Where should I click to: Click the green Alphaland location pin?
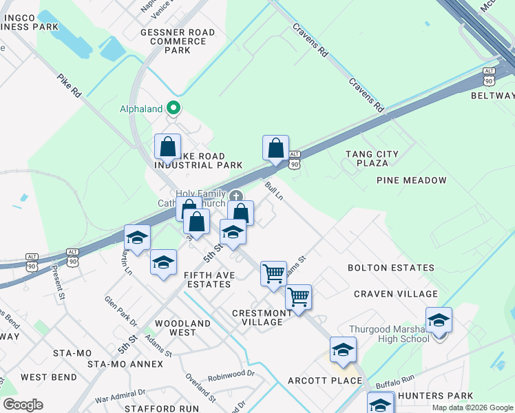(x=174, y=108)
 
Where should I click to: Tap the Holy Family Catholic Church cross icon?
(x=236, y=196)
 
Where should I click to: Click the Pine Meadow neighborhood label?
(x=412, y=180)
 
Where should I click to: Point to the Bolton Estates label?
(x=390, y=268)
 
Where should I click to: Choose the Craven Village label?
(x=396, y=294)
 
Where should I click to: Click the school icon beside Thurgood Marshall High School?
(x=439, y=320)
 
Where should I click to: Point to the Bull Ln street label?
(x=274, y=191)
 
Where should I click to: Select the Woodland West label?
(x=176, y=328)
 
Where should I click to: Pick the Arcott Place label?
(x=325, y=381)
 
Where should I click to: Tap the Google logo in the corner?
(x=23, y=405)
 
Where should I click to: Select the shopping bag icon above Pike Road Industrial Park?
(x=167, y=147)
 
